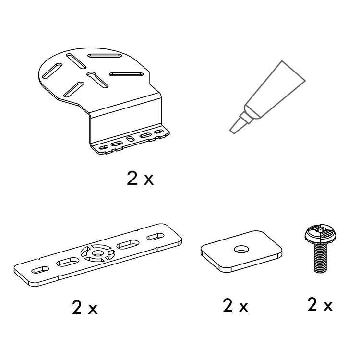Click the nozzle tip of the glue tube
233,131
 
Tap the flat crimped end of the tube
293,71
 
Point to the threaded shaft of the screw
321,258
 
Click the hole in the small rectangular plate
241,249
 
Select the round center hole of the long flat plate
98,253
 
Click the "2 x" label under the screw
320,304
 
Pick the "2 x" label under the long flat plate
84,307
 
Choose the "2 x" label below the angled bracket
140,178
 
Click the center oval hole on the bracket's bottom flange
131,139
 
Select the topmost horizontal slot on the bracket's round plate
105,56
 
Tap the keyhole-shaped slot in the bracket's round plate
97,79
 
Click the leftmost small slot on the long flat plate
40,270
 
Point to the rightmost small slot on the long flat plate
156,237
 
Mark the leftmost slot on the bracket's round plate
52,71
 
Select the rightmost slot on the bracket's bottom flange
159,132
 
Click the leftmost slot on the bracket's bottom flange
103,147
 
